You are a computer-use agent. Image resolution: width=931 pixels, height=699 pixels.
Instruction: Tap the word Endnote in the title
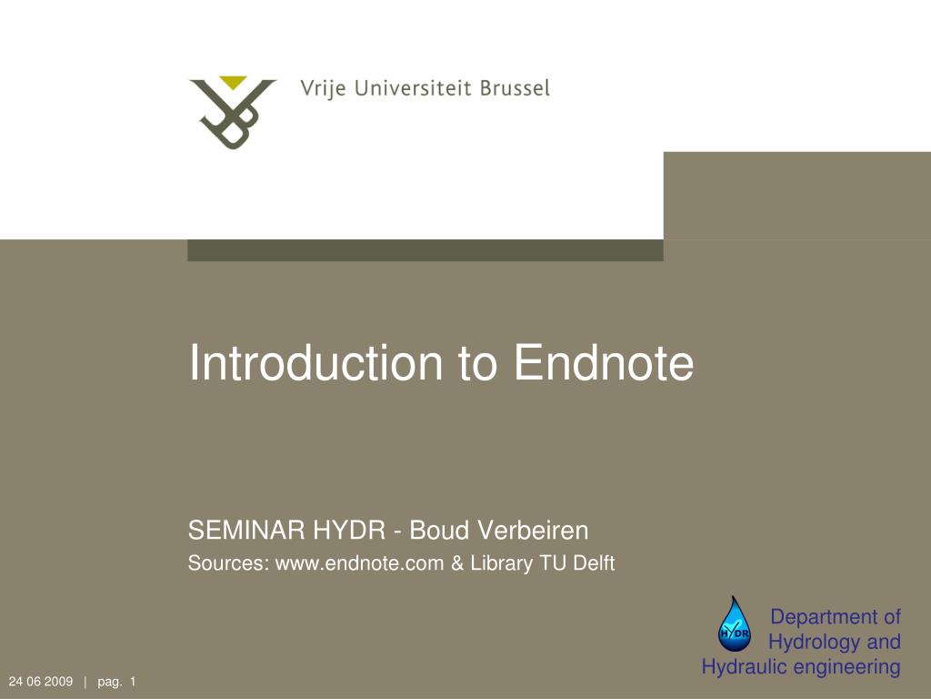coord(604,362)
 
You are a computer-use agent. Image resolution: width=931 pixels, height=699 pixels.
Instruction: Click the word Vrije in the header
coord(320,89)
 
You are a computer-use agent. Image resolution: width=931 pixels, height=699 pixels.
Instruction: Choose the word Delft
coord(594,563)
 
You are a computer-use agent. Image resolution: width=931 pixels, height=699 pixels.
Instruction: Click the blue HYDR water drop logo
coord(734,623)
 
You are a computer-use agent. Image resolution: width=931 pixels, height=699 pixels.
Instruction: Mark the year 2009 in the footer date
coord(58,682)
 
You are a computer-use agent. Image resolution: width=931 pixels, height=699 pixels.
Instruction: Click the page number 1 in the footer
coord(133,682)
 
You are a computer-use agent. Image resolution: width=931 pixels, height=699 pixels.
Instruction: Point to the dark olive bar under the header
coord(425,250)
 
